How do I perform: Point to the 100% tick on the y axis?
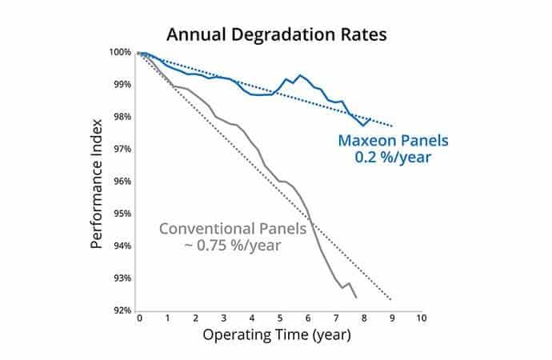[122, 52]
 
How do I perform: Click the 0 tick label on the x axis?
[139, 318]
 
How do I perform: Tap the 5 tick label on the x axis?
[280, 318]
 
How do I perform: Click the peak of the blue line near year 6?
[300, 75]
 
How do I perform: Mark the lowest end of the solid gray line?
[355, 298]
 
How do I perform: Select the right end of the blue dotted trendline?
[392, 126]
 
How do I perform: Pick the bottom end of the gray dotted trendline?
[392, 300]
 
